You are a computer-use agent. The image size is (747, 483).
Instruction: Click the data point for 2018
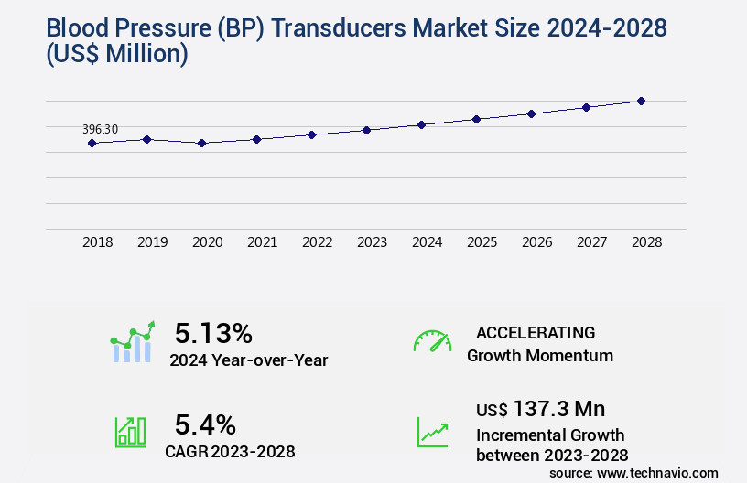click(x=92, y=143)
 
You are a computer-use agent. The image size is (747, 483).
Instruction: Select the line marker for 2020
click(x=201, y=143)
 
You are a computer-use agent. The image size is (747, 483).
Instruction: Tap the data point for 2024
click(x=421, y=124)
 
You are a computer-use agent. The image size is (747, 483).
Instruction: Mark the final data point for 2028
click(x=641, y=101)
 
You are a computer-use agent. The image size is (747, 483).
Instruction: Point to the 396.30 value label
click(x=101, y=129)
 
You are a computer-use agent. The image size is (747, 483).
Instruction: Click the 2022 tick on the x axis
click(x=317, y=242)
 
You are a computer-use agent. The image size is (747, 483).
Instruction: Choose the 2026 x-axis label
click(x=536, y=242)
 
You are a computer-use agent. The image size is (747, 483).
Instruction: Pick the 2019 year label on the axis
click(x=152, y=242)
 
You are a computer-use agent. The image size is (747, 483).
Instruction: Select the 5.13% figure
click(x=213, y=332)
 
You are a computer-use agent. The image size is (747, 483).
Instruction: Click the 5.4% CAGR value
click(x=205, y=424)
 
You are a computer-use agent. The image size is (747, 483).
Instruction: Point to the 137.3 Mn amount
click(x=558, y=408)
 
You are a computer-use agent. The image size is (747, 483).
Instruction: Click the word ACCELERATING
click(x=536, y=332)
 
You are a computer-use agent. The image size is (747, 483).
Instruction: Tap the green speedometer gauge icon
click(x=432, y=341)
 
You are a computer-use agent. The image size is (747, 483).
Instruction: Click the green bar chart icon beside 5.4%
click(x=130, y=432)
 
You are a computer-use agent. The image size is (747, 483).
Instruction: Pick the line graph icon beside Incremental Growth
click(x=432, y=432)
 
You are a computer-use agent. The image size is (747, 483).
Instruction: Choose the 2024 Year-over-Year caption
click(x=248, y=360)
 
